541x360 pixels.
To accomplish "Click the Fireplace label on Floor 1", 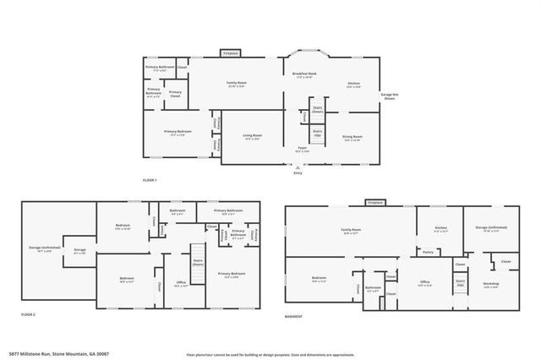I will pos(230,53).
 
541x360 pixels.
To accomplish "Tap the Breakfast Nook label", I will pos(304,75).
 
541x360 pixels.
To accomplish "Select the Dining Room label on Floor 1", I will pos(352,137).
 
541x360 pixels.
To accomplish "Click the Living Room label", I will pos(253,137).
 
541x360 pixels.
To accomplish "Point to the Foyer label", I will pos(301,149).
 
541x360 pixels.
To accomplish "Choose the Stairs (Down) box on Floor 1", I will pos(318,110).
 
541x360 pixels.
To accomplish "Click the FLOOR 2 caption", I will pos(27,314).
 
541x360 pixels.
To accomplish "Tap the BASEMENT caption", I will pos(293,316).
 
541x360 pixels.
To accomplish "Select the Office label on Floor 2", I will pos(181,283).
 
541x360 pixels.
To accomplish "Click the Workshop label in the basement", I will pos(491,284).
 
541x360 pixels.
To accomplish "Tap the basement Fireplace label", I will pos(375,203).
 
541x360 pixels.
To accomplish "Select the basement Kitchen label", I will pos(440,228).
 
